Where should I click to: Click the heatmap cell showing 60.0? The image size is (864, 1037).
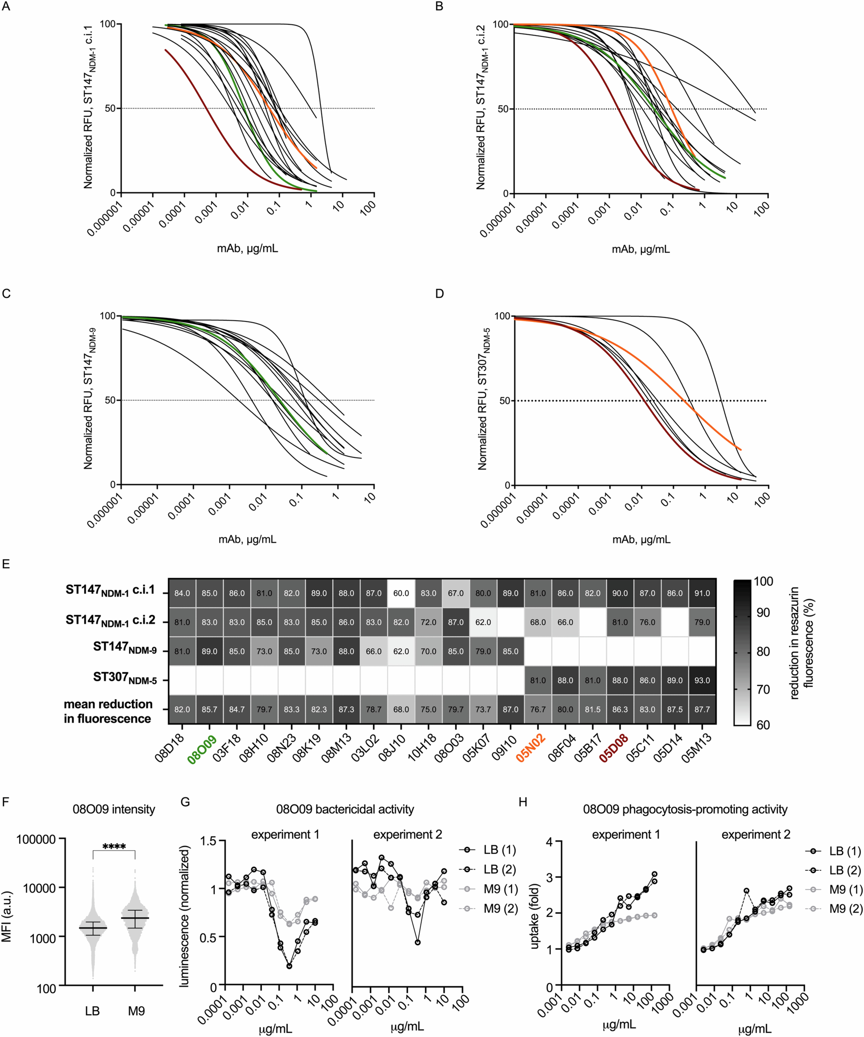point(401,593)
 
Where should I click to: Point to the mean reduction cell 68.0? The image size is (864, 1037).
point(401,709)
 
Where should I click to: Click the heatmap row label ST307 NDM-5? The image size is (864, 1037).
point(125,678)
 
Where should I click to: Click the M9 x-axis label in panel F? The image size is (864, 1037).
point(136,1011)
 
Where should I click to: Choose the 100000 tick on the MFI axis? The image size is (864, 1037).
point(36,839)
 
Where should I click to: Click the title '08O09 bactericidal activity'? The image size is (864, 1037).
point(345,809)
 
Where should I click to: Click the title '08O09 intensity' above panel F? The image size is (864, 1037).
point(114,809)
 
